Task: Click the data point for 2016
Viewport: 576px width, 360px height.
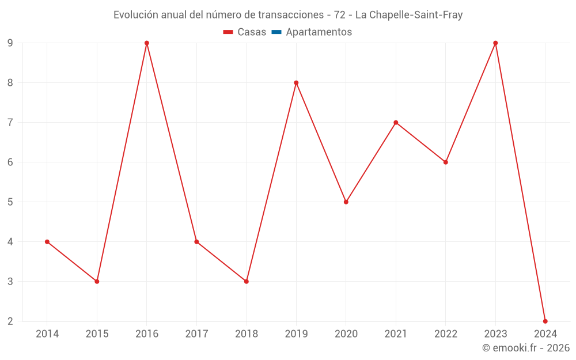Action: click(x=147, y=43)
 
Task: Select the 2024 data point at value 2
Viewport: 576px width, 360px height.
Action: click(x=545, y=321)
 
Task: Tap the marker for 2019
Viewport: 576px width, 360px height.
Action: click(x=296, y=83)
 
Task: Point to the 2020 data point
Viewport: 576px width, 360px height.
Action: click(x=346, y=202)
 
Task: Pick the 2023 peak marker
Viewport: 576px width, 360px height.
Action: click(x=495, y=43)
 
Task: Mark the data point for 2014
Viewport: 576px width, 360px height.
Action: click(x=47, y=242)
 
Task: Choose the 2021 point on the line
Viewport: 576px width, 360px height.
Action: click(x=396, y=123)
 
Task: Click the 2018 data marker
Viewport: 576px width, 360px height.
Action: click(x=247, y=282)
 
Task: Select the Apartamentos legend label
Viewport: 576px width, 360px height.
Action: click(x=319, y=32)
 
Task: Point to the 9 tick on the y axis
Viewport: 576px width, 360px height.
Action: click(x=10, y=43)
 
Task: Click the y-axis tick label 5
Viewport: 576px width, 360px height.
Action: click(x=10, y=202)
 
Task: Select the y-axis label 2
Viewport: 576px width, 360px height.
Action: click(x=10, y=321)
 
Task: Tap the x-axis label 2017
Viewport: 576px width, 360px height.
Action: click(x=196, y=334)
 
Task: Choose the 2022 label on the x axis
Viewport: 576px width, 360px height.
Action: click(x=446, y=334)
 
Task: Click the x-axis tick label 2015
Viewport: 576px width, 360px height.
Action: click(x=97, y=334)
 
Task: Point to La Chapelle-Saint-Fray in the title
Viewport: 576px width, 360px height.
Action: click(x=409, y=15)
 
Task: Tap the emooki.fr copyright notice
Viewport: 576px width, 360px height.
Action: click(x=526, y=348)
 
